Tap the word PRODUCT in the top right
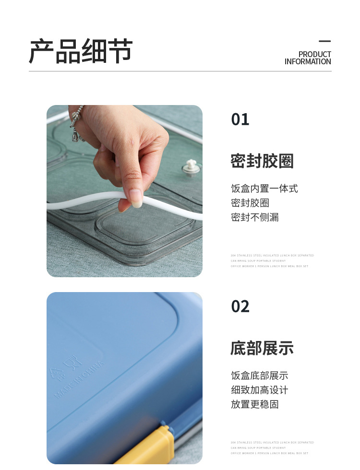(x=314, y=54)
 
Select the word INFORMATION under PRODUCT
(x=307, y=61)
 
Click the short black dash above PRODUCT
(x=325, y=42)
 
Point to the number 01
(x=240, y=119)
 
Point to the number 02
(x=240, y=306)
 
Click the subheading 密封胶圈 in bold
(x=262, y=161)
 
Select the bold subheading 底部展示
(x=262, y=348)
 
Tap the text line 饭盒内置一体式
(x=264, y=188)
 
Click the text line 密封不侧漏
(x=254, y=217)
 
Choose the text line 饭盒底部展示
(x=259, y=376)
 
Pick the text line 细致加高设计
(x=259, y=390)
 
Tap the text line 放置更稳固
(x=254, y=404)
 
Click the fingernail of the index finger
(x=136, y=198)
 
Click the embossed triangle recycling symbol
(x=56, y=372)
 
